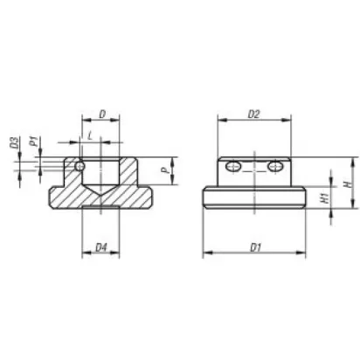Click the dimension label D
(x=102, y=114)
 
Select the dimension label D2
(x=253, y=114)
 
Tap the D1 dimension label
(x=255, y=248)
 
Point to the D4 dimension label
(x=101, y=248)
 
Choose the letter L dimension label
(x=90, y=135)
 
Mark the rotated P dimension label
(x=165, y=170)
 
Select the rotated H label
(x=347, y=184)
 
